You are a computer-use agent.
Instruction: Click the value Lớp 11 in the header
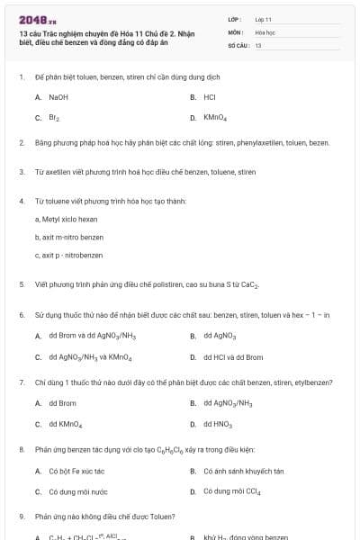pos(263,18)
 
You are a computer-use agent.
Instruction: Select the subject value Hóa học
pos(265,31)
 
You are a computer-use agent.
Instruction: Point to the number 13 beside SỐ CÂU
pos(258,44)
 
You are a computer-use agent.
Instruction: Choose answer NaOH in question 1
pos(58,96)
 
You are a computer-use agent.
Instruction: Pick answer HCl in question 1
pos(210,96)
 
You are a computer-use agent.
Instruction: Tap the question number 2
pos(21,143)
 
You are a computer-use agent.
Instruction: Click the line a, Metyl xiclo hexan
pos(66,219)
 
